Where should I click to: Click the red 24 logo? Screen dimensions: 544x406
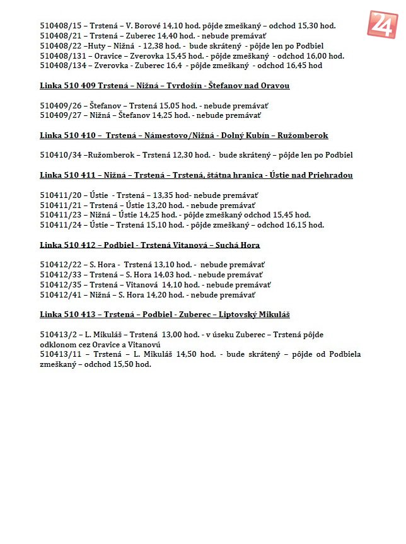[x=383, y=25]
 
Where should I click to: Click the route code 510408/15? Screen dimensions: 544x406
[x=61, y=26]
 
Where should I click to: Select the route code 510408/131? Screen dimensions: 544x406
[x=63, y=55]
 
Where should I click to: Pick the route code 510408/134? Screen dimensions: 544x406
[x=63, y=66]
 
